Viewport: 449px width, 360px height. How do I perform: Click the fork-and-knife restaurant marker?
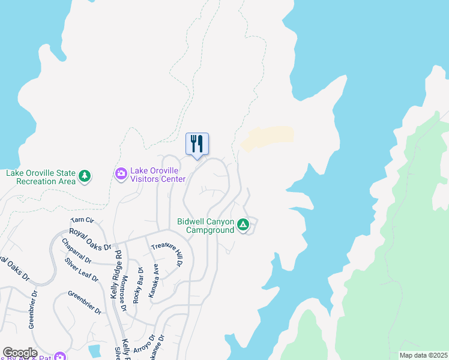197,144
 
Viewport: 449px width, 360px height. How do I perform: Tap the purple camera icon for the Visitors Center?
121,174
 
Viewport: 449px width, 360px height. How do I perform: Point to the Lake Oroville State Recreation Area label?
41,176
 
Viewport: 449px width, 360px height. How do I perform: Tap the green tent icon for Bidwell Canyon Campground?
243,225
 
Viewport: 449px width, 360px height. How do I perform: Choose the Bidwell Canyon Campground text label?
205,226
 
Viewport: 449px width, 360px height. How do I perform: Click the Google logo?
20,353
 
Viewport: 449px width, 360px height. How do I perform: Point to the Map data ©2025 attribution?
423,355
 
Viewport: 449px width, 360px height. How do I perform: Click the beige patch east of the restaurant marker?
268,138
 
